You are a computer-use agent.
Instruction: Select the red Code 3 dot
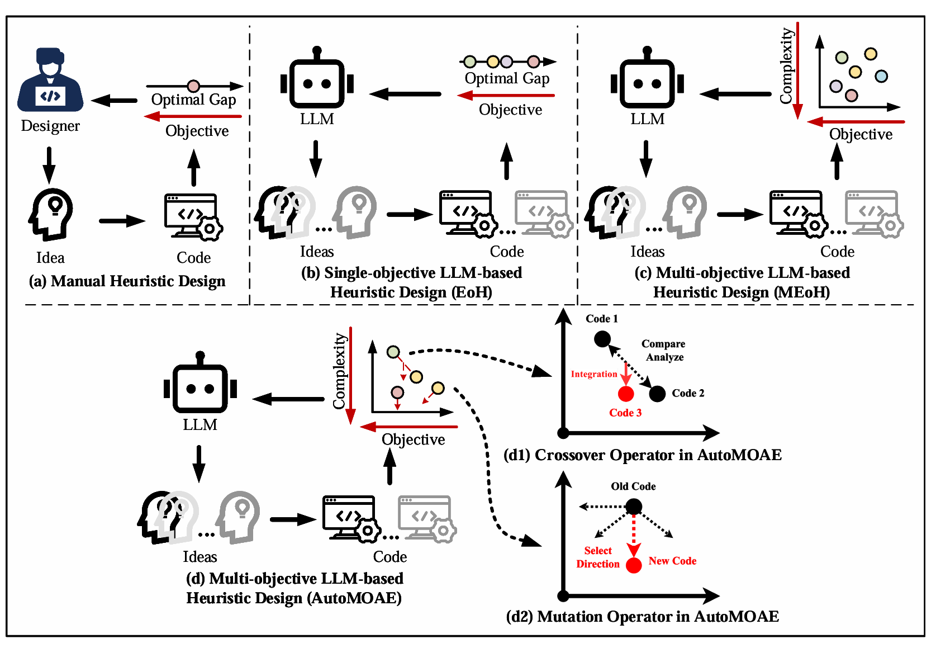[x=626, y=394]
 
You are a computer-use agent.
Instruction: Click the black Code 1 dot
[x=602, y=339]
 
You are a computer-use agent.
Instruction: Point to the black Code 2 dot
[x=657, y=394]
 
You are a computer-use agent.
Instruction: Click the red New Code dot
[x=634, y=565]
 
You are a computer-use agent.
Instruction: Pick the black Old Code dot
[x=634, y=507]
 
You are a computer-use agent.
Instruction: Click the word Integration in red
[x=593, y=374]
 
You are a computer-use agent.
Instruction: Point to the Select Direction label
[x=598, y=557]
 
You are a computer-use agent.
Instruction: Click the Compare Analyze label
[x=663, y=351]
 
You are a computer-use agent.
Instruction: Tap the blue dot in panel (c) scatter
[x=881, y=76]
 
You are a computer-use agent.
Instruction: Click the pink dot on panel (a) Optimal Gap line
[x=193, y=86]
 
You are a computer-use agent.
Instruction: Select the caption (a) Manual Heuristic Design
[x=127, y=281]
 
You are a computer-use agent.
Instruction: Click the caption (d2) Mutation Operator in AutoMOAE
[x=642, y=616]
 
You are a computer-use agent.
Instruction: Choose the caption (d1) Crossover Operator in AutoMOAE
[x=642, y=455]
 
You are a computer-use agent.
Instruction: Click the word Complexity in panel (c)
[x=786, y=66]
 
